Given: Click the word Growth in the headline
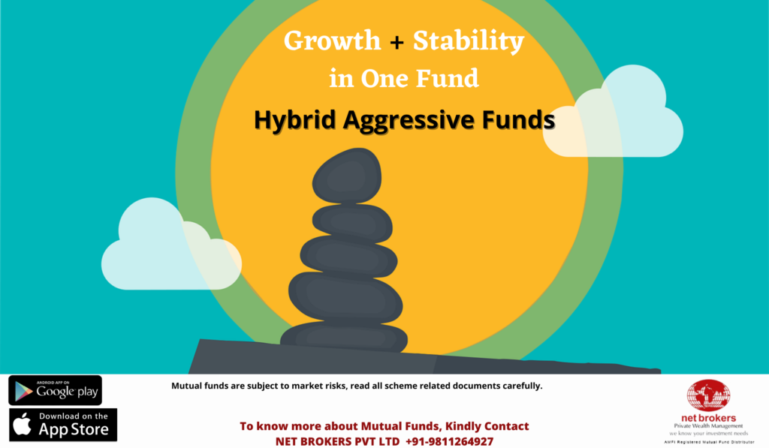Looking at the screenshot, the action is coord(332,41).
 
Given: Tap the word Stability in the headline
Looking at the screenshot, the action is coord(469,41).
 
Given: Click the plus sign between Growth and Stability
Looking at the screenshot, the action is coord(397,43).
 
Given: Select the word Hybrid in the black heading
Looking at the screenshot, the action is coord(294,119).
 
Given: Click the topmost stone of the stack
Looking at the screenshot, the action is coord(347,176).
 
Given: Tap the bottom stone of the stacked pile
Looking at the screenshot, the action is coord(344,337).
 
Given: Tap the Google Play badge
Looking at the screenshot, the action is coord(56,390).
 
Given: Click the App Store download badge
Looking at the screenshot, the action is coord(63,425).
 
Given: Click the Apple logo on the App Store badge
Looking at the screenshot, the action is coord(22,423).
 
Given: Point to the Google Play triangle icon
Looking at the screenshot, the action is coord(23,391).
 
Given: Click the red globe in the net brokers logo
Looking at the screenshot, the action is coord(708,395).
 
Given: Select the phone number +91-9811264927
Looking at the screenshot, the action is coord(449,442).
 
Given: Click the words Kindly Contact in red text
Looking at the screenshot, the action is coord(487,426).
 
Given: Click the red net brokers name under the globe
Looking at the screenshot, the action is coord(708,418).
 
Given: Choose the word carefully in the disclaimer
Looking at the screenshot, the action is coord(523,386).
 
